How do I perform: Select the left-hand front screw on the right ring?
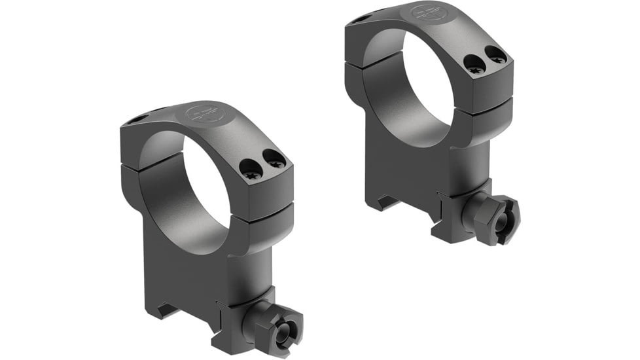click(x=474, y=63)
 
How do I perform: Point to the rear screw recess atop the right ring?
click(x=357, y=21)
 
